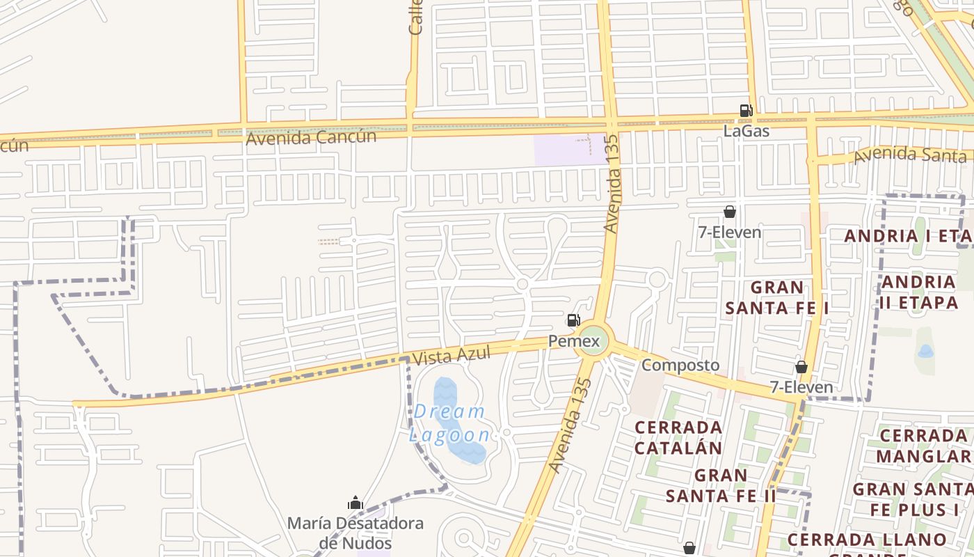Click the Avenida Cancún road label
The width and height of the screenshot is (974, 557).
click(311, 136)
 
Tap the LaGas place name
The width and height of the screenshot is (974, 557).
click(746, 130)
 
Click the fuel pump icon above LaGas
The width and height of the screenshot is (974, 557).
click(746, 110)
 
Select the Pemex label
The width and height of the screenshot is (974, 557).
click(574, 341)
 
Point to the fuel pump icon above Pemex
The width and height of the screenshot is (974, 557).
click(573, 320)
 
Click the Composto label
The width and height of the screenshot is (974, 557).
click(680, 365)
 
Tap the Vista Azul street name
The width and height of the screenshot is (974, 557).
click(451, 356)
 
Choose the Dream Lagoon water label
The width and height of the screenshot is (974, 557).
click(449, 423)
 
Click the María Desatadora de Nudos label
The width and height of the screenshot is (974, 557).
click(356, 533)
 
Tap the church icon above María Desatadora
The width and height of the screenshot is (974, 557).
click(356, 503)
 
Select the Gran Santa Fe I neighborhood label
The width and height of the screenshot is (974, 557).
click(777, 297)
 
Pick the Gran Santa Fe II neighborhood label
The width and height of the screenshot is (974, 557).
click(721, 485)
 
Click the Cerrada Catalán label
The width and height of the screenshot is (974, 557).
click(678, 437)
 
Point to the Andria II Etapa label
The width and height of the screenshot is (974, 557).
click(919, 292)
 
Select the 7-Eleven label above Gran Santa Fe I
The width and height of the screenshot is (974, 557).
click(730, 232)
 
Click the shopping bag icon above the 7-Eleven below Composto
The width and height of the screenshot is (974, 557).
click(801, 366)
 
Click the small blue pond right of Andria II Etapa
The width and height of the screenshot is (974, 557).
click(925, 352)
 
